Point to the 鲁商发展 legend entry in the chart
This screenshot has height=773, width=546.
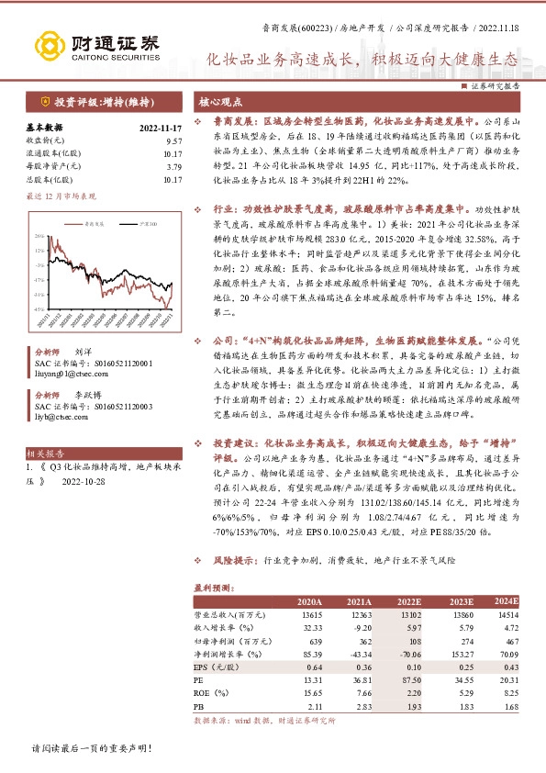tap(93, 223)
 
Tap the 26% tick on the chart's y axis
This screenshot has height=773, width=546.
tap(38, 237)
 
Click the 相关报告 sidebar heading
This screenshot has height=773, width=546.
tap(45, 453)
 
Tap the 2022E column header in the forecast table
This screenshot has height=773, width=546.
tap(407, 600)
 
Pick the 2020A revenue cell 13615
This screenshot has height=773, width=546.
tap(310, 614)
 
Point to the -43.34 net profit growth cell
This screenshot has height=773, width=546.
tap(359, 653)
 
